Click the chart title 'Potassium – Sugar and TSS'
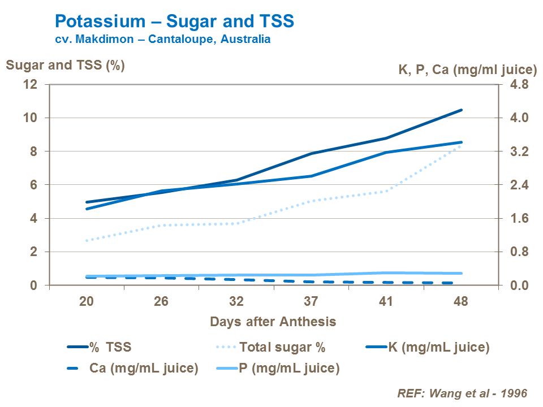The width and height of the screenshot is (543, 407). click(174, 21)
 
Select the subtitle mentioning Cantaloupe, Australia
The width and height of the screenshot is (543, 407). click(162, 40)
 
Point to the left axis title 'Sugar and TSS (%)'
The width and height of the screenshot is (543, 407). click(65, 65)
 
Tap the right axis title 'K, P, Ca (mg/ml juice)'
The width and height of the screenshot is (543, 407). click(467, 70)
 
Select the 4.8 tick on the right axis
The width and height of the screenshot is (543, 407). click(520, 85)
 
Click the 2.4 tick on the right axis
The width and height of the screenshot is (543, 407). click(520, 185)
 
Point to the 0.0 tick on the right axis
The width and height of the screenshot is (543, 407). click(520, 285)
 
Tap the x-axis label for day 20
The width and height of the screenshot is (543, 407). click(87, 301)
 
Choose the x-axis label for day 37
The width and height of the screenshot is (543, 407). click(311, 301)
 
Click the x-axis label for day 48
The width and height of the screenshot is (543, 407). click(460, 301)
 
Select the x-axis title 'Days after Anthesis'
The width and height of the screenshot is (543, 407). click(273, 322)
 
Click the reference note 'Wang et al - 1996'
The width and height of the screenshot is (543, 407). click(463, 393)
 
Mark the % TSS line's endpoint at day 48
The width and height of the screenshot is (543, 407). click(462, 110)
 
